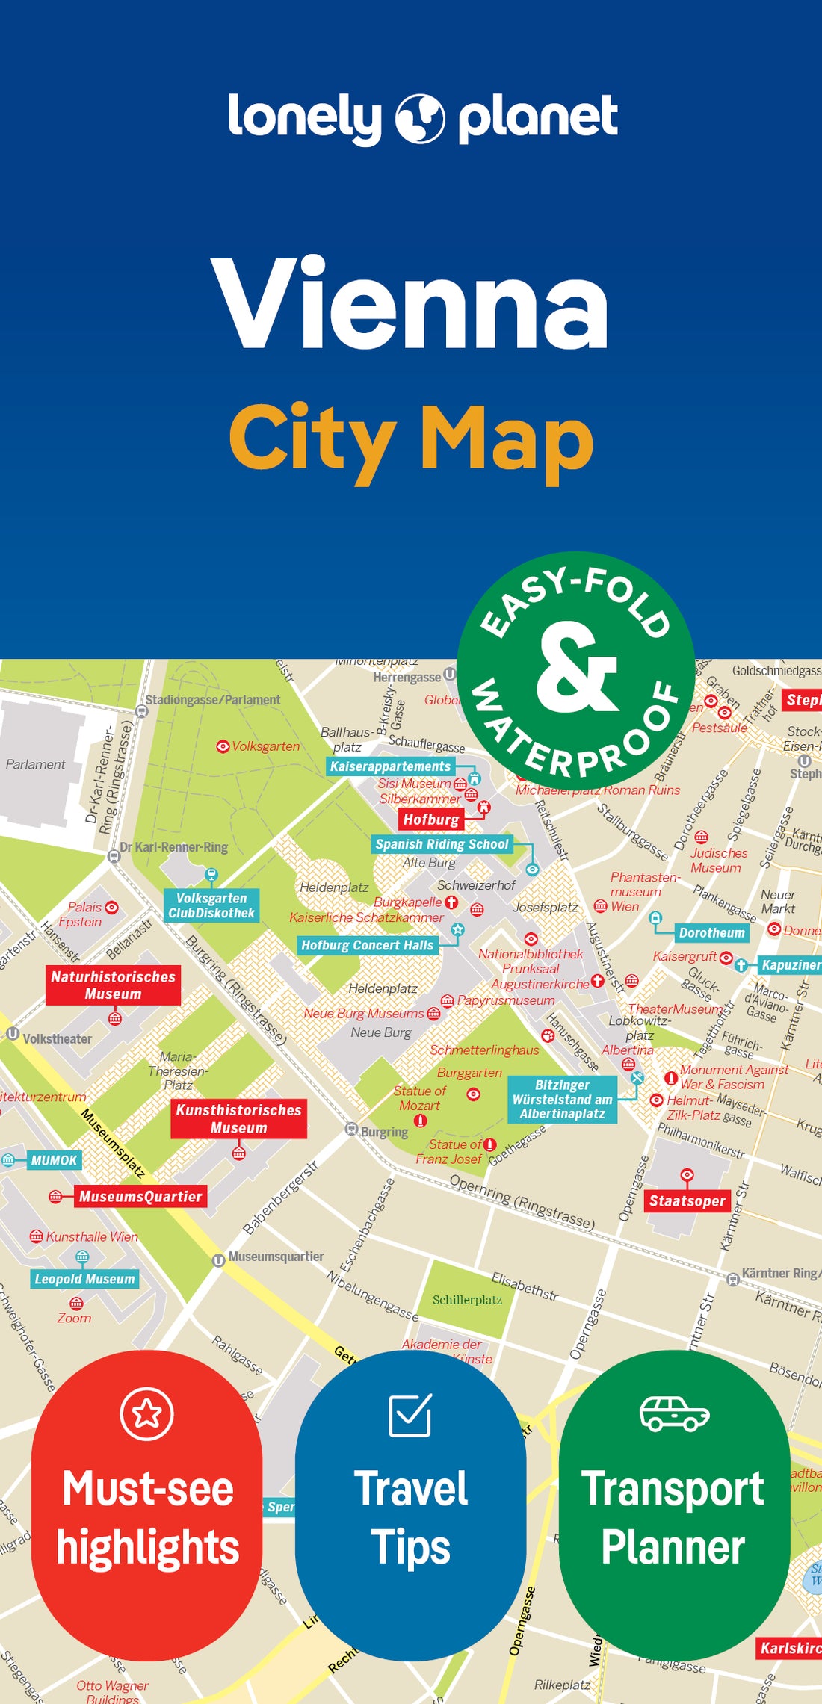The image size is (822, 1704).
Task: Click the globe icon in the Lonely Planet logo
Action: click(x=419, y=119)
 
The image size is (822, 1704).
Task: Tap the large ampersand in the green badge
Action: click(x=576, y=667)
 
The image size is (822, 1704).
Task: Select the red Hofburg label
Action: click(x=431, y=820)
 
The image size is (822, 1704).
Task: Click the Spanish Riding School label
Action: click(x=442, y=844)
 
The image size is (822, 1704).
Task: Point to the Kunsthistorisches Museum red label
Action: click(x=238, y=1118)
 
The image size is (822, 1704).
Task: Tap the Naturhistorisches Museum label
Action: click(x=113, y=985)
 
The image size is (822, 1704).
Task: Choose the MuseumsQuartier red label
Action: click(x=140, y=1196)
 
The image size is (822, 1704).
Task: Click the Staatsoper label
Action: click(x=687, y=1200)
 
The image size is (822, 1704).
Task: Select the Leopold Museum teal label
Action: click(x=84, y=1278)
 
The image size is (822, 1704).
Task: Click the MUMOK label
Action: click(x=54, y=1160)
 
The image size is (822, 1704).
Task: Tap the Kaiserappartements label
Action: click(x=390, y=766)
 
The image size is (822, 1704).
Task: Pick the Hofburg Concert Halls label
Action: click(x=367, y=945)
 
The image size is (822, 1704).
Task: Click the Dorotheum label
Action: click(x=711, y=932)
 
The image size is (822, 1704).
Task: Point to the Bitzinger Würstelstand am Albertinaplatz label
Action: click(x=562, y=1099)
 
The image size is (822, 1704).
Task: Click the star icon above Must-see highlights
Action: click(x=146, y=1413)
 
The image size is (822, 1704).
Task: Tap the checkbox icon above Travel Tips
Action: click(x=410, y=1414)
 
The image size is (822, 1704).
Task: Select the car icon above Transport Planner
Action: click(x=674, y=1413)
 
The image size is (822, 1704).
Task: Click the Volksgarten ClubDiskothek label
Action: click(x=211, y=905)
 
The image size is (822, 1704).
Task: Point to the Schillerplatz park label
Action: click(x=467, y=1300)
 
